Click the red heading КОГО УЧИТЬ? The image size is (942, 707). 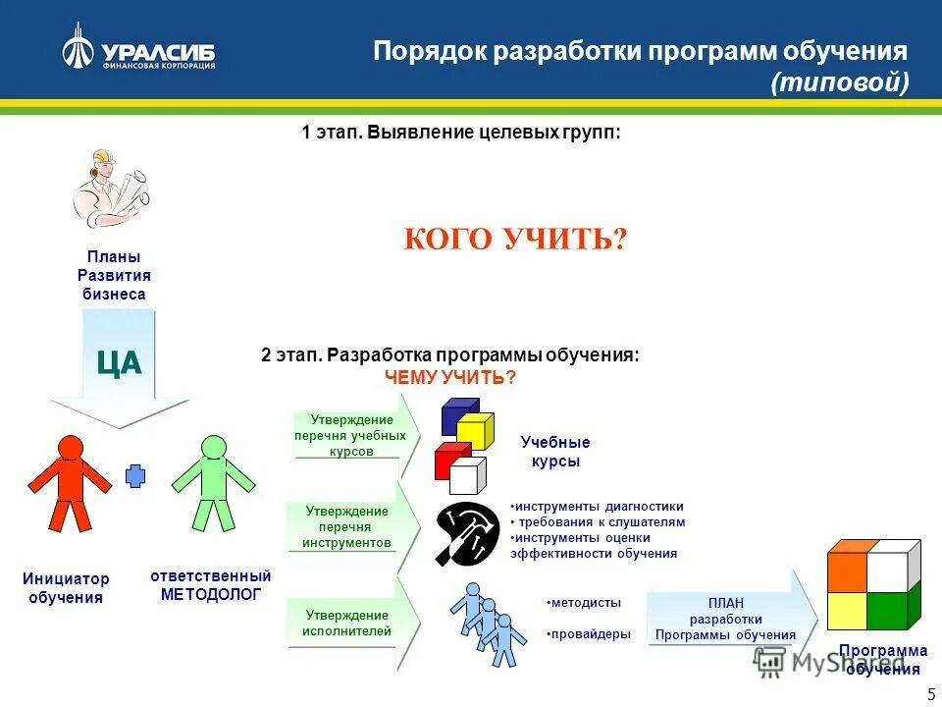click(x=514, y=239)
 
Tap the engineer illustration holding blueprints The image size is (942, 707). click(x=111, y=188)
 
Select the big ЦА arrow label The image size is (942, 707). click(x=119, y=363)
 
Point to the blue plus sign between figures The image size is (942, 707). click(x=135, y=476)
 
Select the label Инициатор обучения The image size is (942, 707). click(x=66, y=588)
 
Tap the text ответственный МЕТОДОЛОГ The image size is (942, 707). click(x=210, y=585)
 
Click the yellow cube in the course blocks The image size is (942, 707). click(x=475, y=430)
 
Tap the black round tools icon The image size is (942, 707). click(x=467, y=534)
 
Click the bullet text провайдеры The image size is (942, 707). click(x=589, y=634)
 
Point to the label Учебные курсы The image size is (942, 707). click(x=555, y=452)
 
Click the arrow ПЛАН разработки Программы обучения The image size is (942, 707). click(x=729, y=620)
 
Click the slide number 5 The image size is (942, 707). click(x=930, y=694)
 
